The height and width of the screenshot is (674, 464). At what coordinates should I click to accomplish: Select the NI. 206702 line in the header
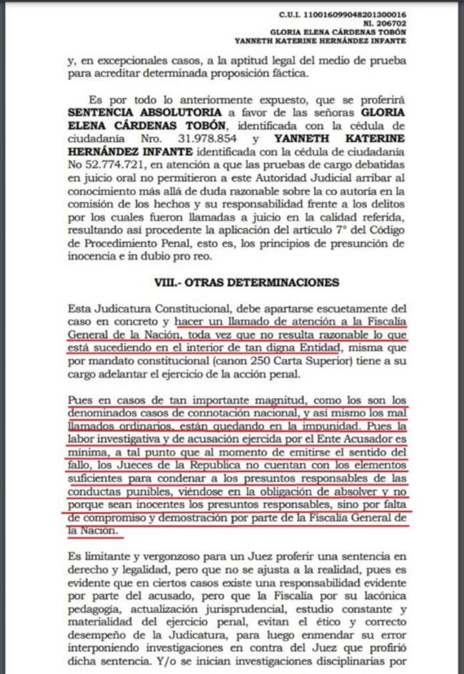(x=386, y=23)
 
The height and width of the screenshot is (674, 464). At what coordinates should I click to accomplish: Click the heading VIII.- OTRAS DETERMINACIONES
(x=246, y=282)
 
